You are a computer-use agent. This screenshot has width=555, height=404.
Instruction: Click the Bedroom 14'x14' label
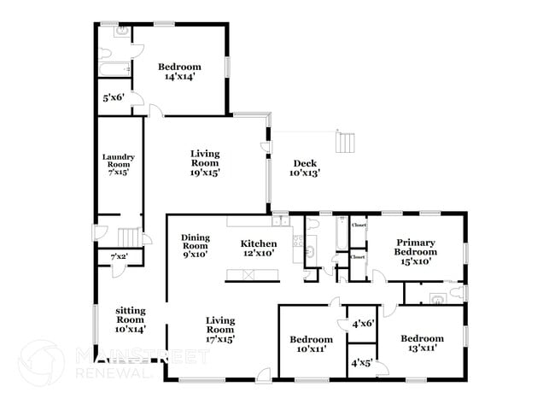(x=179, y=72)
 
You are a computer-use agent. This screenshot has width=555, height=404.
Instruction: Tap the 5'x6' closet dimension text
(x=114, y=98)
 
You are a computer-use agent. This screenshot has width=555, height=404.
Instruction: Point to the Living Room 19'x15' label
(x=205, y=163)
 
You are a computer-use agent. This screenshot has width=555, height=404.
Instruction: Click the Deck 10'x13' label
(x=305, y=168)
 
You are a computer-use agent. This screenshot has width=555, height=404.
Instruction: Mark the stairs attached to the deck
(x=344, y=140)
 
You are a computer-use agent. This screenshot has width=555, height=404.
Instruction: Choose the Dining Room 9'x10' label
(x=196, y=245)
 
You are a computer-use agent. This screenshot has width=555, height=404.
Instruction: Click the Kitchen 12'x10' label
(x=258, y=249)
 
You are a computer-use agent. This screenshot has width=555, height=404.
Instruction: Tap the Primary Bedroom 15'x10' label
(x=415, y=251)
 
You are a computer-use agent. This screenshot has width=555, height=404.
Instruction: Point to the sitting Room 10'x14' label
(x=131, y=318)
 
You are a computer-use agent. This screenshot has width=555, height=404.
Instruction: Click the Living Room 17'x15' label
(x=220, y=329)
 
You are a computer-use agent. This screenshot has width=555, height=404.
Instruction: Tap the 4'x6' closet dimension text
(x=363, y=324)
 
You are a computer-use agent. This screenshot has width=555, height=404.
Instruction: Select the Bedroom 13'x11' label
(x=423, y=343)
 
